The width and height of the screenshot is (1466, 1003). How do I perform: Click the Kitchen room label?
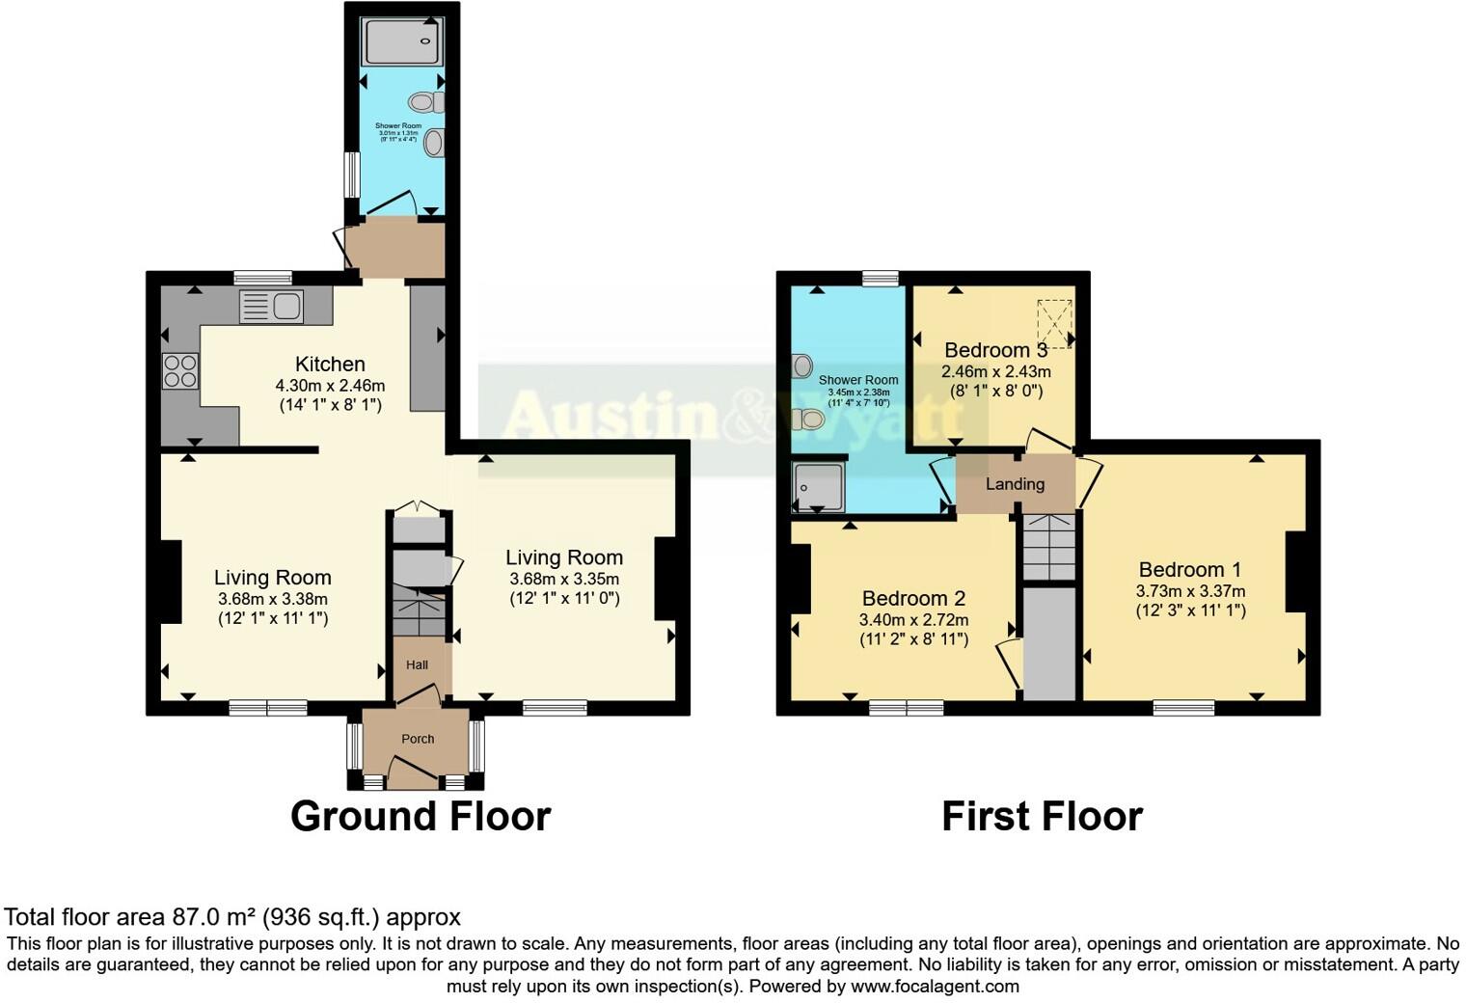(x=330, y=365)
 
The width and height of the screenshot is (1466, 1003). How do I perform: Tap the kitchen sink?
(x=271, y=307)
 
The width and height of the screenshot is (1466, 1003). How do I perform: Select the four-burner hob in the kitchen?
(x=180, y=371)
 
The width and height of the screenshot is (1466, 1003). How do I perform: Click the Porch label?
(x=418, y=739)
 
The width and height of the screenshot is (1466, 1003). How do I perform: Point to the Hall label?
(x=417, y=664)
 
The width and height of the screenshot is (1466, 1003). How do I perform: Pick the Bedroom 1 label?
(x=1189, y=570)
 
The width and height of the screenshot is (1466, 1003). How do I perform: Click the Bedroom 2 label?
(x=913, y=599)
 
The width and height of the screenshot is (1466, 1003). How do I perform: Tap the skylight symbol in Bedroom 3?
(x=1054, y=324)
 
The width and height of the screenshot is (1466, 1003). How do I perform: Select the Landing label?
(x=1015, y=484)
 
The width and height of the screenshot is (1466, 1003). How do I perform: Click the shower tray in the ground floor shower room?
(x=401, y=42)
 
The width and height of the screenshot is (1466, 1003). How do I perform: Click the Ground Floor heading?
(x=421, y=816)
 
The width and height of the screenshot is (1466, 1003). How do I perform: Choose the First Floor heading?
(x=1042, y=816)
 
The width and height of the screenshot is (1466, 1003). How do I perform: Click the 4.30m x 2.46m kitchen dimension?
(x=330, y=386)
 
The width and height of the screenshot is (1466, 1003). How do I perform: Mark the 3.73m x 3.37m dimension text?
(x=1190, y=591)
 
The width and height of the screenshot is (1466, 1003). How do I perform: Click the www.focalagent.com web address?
(x=935, y=987)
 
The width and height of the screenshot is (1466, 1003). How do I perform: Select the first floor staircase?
(x=1048, y=547)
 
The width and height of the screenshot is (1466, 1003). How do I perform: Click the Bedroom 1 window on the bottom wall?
(x=1183, y=708)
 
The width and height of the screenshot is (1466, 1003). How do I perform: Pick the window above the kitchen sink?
(x=262, y=278)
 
